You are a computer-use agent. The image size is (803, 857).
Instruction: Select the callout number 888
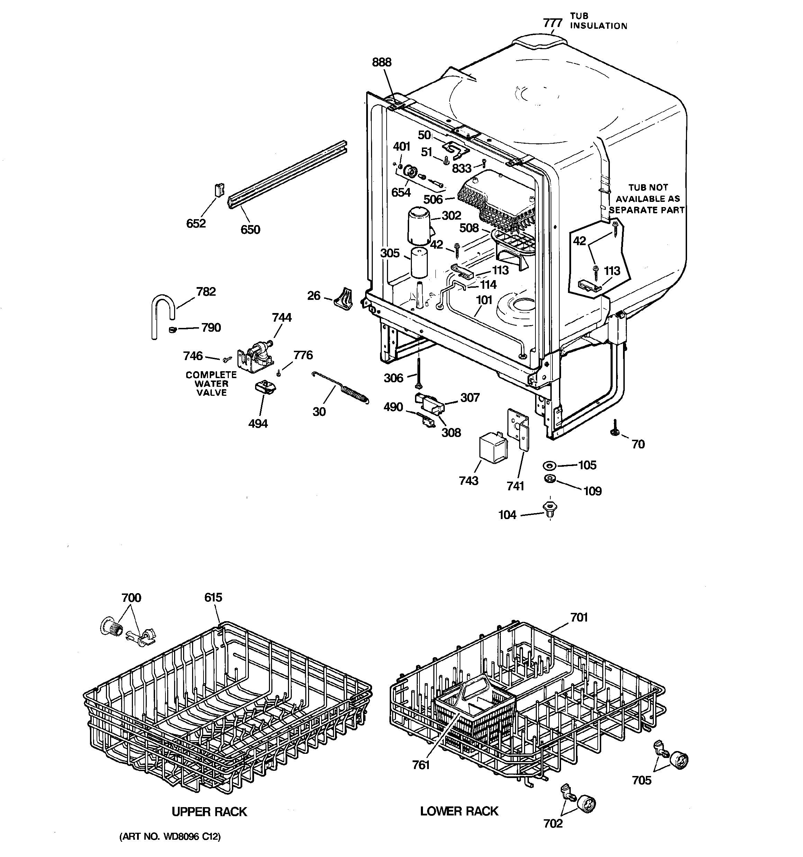[x=381, y=63]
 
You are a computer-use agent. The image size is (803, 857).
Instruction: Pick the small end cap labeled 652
[x=220, y=190]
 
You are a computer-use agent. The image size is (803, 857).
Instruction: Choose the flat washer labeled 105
[x=550, y=466]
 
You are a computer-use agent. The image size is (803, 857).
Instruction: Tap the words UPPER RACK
[x=209, y=812]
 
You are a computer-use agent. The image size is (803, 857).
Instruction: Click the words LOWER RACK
[x=459, y=811]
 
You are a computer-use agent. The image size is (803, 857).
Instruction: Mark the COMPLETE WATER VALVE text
[x=211, y=384]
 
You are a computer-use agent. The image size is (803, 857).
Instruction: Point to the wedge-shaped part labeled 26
[x=344, y=299]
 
